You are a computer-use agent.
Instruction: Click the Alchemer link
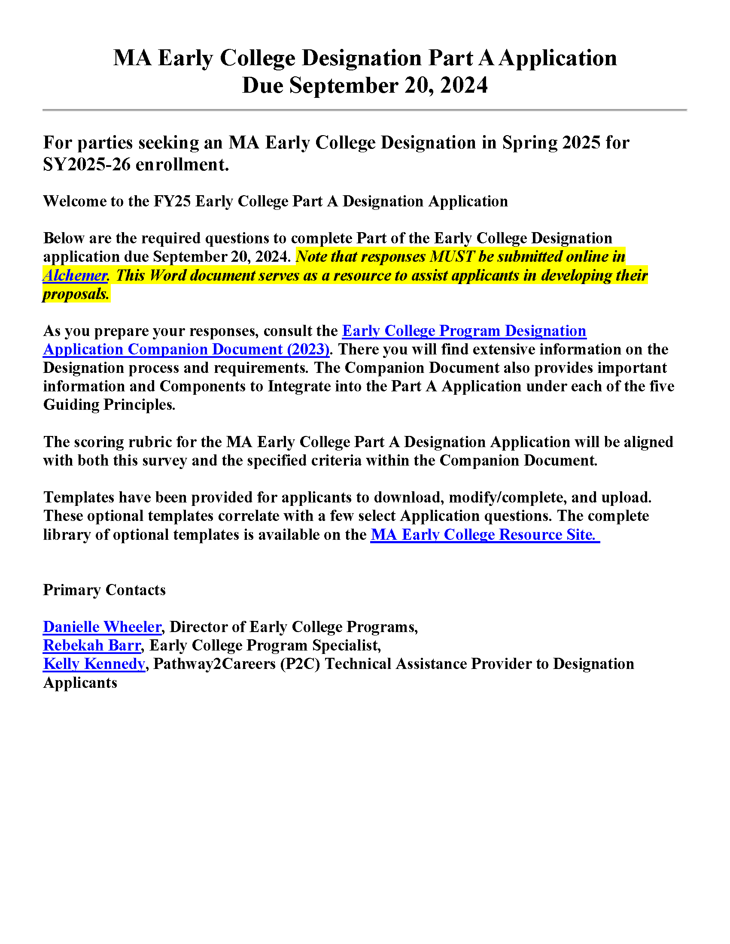[75, 275]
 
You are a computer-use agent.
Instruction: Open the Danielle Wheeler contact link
[102, 627]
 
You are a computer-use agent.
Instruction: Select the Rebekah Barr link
[92, 645]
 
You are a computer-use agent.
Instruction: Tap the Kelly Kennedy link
[94, 664]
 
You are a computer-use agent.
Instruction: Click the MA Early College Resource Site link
[484, 535]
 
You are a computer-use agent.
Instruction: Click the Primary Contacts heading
[104, 590]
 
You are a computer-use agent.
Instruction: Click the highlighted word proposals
[76, 294]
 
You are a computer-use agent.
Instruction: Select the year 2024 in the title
[464, 85]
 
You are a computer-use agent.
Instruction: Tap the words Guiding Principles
[109, 405]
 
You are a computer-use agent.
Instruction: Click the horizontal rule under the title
[365, 110]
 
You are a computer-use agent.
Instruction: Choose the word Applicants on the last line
[80, 683]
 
